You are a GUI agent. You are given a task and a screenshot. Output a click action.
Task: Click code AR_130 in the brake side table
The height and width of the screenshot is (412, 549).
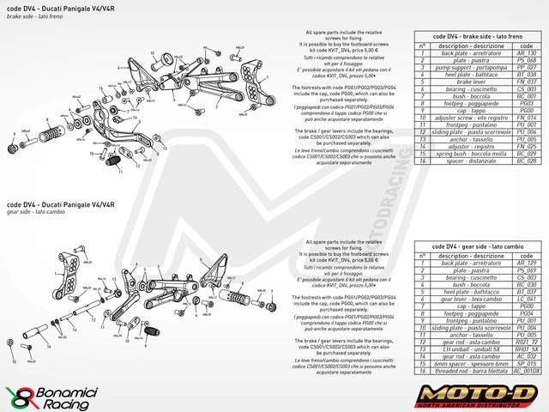(526, 53)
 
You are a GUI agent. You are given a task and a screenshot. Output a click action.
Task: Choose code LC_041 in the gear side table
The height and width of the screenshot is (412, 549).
(526, 298)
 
